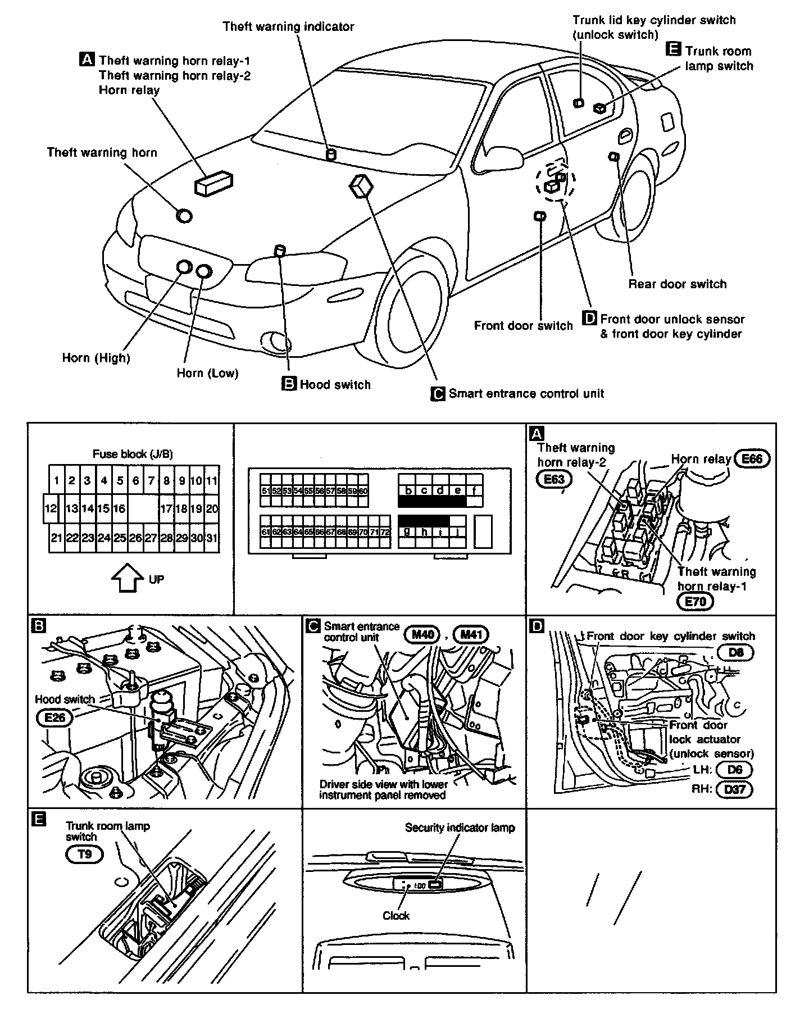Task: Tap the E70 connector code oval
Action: click(695, 602)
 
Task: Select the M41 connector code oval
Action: click(471, 635)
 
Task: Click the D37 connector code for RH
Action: click(734, 789)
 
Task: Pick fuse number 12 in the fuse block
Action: click(51, 509)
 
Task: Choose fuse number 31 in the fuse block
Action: click(211, 538)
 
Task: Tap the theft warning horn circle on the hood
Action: click(184, 215)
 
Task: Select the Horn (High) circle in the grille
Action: click(184, 267)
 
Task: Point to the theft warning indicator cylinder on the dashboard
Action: click(331, 154)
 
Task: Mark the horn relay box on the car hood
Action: click(213, 183)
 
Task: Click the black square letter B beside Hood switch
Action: click(288, 384)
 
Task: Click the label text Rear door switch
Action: click(677, 284)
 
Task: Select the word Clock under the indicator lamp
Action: click(396, 915)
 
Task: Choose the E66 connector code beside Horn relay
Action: click(752, 458)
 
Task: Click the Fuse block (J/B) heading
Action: click(133, 453)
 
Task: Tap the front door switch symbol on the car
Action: click(540, 216)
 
